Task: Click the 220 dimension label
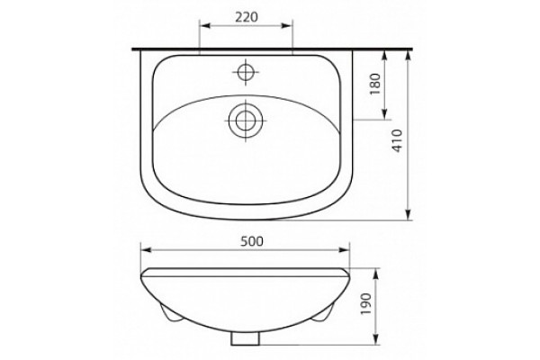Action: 247,17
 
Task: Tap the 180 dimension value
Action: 375,84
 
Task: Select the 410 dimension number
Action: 397,141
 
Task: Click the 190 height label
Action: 366,304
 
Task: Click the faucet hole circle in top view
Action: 245,72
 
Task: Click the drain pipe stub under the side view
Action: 245,339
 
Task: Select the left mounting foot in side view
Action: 173,314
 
